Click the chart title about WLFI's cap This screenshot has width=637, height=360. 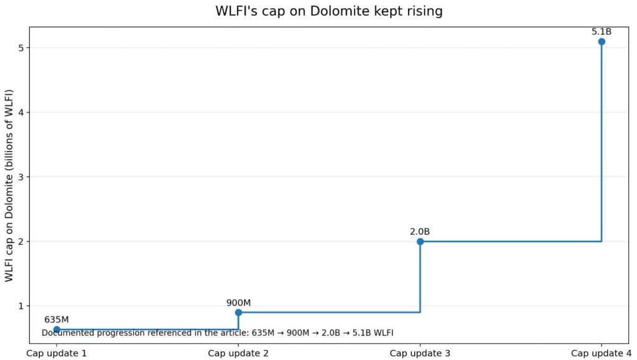329,11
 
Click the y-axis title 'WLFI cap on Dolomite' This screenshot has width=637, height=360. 9,185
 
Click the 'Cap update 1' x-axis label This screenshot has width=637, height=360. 56,353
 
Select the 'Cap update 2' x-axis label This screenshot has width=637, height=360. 238,353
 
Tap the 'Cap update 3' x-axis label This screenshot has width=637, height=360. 420,353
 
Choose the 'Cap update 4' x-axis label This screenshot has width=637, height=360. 601,353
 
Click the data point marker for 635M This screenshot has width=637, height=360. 57,330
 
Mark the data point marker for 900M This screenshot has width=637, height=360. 238,312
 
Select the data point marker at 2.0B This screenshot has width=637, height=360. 420,241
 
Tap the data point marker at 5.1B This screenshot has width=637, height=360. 602,42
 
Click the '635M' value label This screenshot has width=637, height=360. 56,320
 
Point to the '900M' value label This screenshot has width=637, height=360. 238,303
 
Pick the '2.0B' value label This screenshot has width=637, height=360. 420,232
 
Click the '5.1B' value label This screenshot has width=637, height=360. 602,32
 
